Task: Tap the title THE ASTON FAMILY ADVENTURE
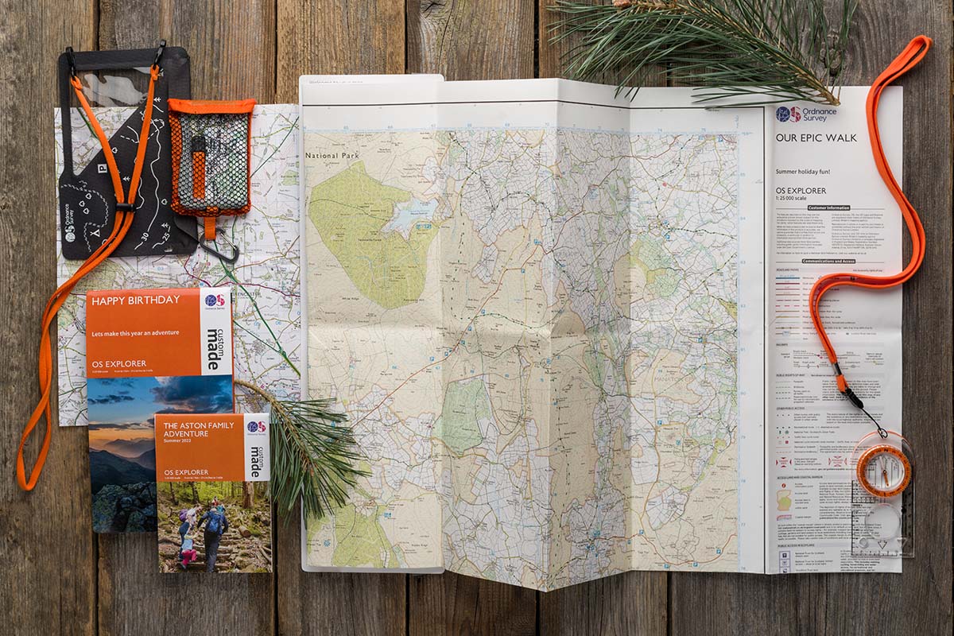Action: pyautogui.click(x=199, y=430)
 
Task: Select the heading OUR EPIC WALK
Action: pyautogui.click(x=816, y=138)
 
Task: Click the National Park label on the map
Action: pyautogui.click(x=332, y=156)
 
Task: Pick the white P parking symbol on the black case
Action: pyautogui.click(x=102, y=169)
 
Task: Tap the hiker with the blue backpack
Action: pyautogui.click(x=213, y=529)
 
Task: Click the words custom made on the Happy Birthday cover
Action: pyautogui.click(x=215, y=350)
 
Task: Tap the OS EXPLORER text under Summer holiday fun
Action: pyautogui.click(x=801, y=191)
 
